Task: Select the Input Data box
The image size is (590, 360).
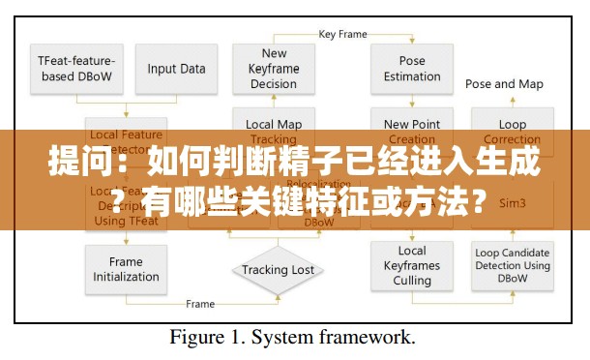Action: click(x=176, y=68)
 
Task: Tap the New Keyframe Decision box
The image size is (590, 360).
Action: click(x=274, y=69)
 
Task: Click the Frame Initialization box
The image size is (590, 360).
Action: click(x=126, y=269)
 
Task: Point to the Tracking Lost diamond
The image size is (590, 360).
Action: click(x=278, y=270)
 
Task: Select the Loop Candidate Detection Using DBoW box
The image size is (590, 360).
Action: click(x=513, y=266)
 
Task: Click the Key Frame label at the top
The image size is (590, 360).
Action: click(x=342, y=34)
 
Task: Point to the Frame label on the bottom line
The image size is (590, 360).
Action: click(x=200, y=304)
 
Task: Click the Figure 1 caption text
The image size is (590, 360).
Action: click(x=293, y=338)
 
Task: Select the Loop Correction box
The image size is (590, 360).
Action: click(x=513, y=132)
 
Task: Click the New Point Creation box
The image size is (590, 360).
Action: click(x=412, y=130)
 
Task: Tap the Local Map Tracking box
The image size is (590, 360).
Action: click(x=274, y=131)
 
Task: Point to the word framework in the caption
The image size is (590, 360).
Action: click(x=375, y=338)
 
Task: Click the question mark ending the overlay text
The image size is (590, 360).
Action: click(x=479, y=203)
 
